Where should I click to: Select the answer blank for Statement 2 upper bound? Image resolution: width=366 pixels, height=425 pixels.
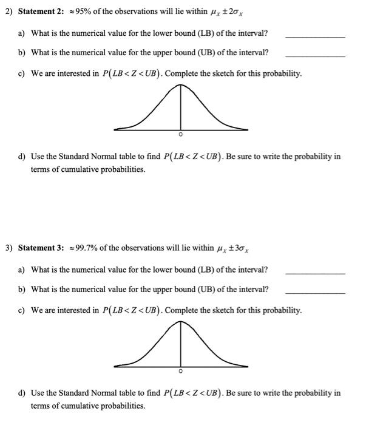tap(314, 56)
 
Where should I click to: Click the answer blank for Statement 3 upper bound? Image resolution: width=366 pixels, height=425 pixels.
tap(314, 293)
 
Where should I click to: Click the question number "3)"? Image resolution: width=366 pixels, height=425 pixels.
tap(9, 248)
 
